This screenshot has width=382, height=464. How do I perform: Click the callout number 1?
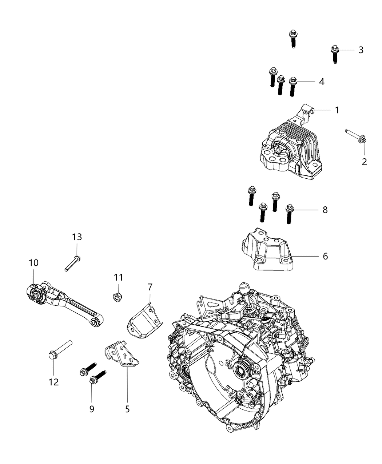337,110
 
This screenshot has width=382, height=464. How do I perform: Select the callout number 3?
361,50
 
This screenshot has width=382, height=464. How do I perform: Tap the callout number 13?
77,237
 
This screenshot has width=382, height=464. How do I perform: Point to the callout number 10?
33,263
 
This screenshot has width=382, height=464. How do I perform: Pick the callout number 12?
53,382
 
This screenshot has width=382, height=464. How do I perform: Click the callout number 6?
325,256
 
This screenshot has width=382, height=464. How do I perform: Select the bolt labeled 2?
356,137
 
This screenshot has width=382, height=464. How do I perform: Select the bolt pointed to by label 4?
293,86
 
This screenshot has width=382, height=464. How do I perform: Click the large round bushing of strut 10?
36,293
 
